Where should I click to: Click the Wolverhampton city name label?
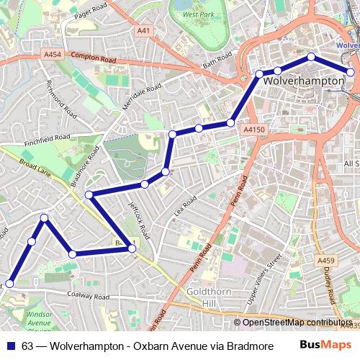click(x=304, y=81)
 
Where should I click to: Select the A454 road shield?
click(x=53, y=54)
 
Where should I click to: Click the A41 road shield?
click(x=144, y=30)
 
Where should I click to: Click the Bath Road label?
click(x=219, y=59)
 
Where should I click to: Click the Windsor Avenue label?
click(x=40, y=319)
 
